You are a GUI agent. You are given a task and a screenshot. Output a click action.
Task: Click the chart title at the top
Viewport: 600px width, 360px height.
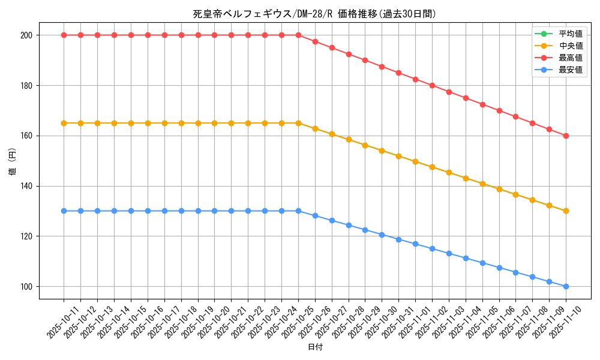click(314, 14)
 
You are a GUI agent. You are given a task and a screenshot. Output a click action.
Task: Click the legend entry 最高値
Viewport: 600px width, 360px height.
click(570, 58)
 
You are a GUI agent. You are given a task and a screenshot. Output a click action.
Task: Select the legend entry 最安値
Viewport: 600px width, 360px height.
click(570, 70)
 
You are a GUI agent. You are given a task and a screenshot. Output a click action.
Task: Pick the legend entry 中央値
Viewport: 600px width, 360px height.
click(570, 46)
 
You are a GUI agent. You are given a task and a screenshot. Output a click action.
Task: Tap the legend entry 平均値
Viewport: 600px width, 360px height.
click(570, 34)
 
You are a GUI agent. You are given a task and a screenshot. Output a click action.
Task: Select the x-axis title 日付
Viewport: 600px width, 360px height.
click(314, 347)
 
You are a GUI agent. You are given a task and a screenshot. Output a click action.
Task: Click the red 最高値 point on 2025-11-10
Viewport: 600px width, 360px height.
click(566, 136)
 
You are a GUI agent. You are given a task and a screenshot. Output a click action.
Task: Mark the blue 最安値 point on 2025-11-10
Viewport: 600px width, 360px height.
click(566, 286)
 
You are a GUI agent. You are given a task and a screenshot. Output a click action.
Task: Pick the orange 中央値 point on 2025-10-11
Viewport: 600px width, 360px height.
click(64, 123)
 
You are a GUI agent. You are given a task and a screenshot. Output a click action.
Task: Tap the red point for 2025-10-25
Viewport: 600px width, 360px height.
click(298, 35)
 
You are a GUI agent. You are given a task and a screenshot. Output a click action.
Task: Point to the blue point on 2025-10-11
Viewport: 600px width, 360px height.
click(64, 211)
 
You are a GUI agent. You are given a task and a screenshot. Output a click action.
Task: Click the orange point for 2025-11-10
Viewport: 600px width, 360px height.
click(566, 211)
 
